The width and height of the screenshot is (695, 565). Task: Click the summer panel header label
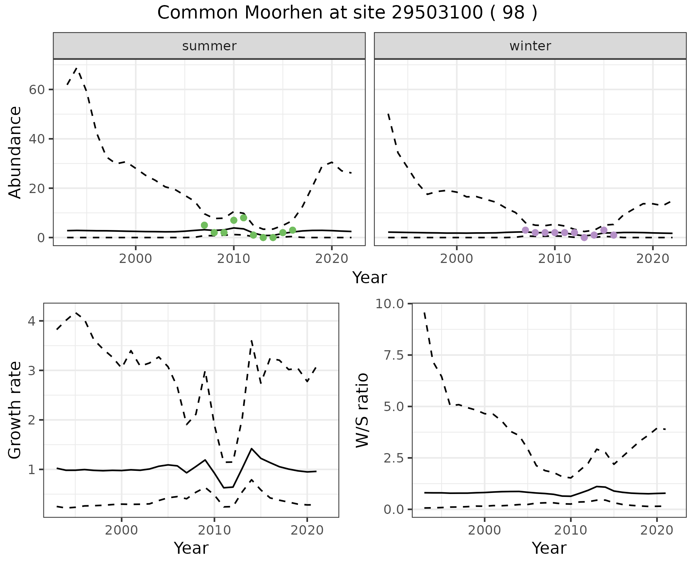click(209, 46)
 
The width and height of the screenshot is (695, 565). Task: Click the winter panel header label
click(530, 46)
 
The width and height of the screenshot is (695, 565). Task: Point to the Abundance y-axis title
click(15, 152)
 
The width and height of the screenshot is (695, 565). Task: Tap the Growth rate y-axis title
click(15, 410)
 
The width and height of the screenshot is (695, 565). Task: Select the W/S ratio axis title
click(362, 410)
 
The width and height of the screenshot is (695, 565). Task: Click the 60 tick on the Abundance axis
click(36, 89)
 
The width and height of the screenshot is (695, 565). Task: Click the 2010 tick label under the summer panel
click(234, 259)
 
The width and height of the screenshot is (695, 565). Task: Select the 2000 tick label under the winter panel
click(457, 259)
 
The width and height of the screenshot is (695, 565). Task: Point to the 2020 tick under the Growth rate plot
click(307, 531)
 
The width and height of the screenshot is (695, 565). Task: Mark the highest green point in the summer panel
click(244, 218)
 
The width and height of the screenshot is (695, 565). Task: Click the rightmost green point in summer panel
click(292, 230)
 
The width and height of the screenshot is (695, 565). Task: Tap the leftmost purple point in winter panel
click(526, 230)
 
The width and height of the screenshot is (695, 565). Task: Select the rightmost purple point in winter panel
click(614, 235)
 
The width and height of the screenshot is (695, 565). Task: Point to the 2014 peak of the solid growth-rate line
click(251, 448)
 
